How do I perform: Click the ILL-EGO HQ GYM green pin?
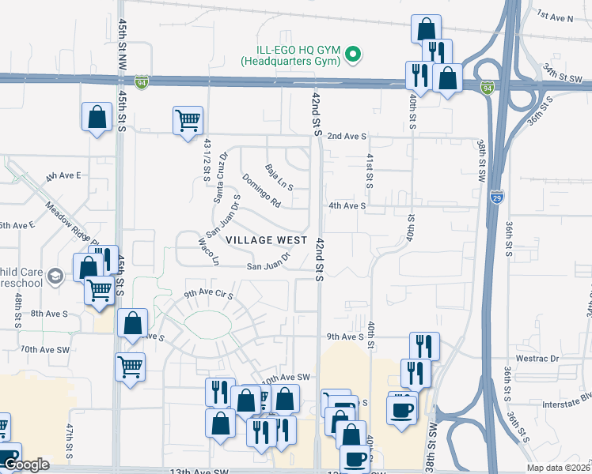tap(355, 55)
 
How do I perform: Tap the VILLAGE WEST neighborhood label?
tap(266, 239)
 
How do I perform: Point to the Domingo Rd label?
tap(261, 190)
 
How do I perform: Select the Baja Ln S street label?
tap(279, 177)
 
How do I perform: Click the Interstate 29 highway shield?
tap(496, 195)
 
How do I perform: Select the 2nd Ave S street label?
tap(347, 136)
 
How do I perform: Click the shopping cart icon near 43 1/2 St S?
tap(188, 121)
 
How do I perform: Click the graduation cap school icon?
tap(55, 276)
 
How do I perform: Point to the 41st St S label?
tap(369, 171)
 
